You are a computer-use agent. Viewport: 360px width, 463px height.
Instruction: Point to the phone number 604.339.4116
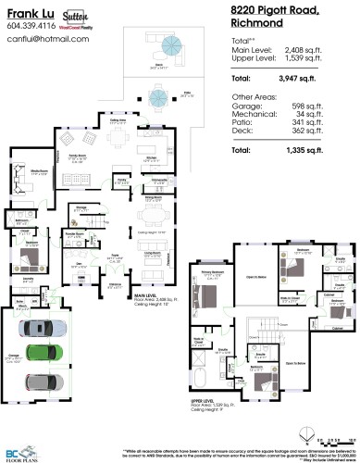31,27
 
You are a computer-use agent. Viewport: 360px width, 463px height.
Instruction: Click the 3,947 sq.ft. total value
302,79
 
